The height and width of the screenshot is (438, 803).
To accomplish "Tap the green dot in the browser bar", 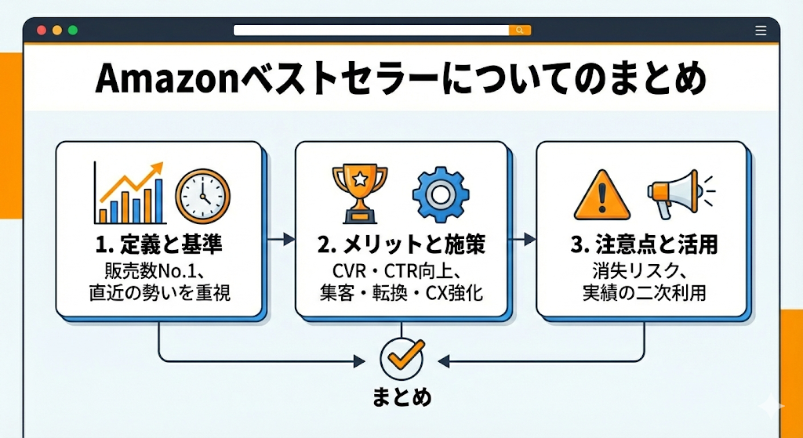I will (x=73, y=30).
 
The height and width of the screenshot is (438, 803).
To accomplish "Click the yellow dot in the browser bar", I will (x=56, y=30).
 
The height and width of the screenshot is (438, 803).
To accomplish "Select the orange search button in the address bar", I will (x=520, y=30).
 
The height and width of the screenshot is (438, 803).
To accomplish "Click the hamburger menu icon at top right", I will (x=760, y=30).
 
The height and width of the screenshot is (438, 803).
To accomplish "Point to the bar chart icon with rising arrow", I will (x=129, y=191).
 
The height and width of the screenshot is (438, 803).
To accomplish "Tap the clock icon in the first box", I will (x=202, y=196).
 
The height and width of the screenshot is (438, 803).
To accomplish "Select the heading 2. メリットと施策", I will (x=401, y=245).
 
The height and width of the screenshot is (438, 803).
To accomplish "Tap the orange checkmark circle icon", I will (x=401, y=358).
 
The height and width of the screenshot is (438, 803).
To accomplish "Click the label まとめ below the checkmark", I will (x=401, y=396).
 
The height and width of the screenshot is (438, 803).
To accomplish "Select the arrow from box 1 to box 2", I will (x=278, y=237).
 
